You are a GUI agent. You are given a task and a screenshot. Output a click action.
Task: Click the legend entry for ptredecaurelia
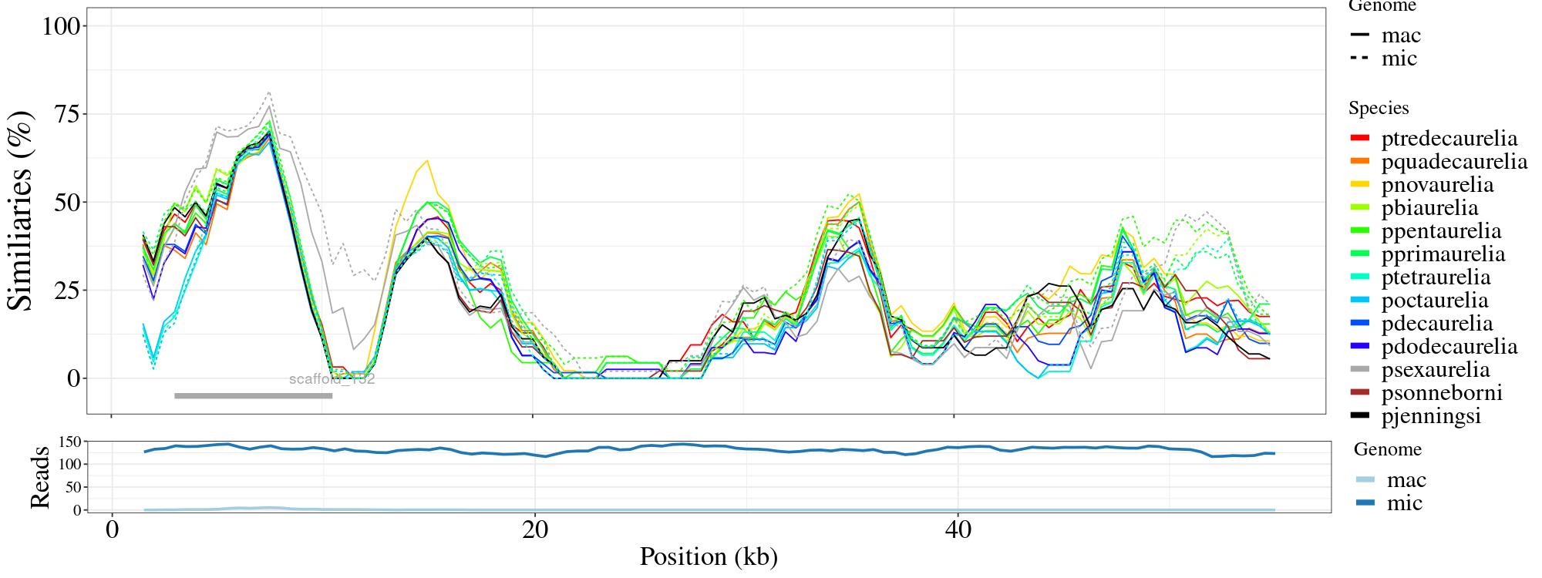(x=1449, y=139)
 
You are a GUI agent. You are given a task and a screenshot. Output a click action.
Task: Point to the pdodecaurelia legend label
(x=1449, y=347)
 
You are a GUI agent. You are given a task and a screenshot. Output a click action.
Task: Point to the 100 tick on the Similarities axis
(x=61, y=26)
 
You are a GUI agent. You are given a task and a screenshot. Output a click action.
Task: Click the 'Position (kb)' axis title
(x=708, y=556)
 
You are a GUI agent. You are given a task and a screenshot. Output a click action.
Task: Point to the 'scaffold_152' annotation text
(x=332, y=379)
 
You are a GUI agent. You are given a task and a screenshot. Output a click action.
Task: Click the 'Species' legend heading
(x=1379, y=108)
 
